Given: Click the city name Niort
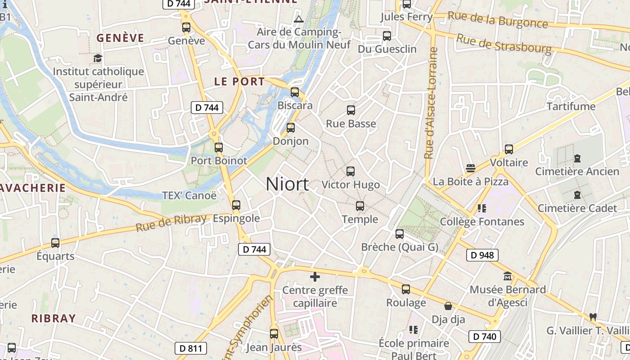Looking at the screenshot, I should (x=287, y=184).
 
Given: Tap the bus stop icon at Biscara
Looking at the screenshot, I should (x=295, y=92).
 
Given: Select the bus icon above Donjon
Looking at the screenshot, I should (x=291, y=128).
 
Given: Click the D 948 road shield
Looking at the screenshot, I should (x=482, y=255).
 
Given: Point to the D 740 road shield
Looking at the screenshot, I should (x=485, y=336).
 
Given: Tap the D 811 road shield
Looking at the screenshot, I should (x=191, y=348).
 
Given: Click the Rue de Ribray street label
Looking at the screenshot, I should (x=171, y=223).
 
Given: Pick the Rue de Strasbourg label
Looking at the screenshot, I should (x=504, y=43).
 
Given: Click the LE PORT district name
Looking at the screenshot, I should (x=239, y=81).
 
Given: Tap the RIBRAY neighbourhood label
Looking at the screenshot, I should (x=54, y=318).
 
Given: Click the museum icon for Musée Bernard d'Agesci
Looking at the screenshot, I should (x=508, y=276).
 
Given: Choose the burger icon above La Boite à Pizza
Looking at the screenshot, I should (x=470, y=168).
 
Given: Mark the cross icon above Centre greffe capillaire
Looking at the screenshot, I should (x=315, y=276).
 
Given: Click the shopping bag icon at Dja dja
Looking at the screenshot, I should (x=448, y=306).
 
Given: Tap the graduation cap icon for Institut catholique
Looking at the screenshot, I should (x=98, y=58).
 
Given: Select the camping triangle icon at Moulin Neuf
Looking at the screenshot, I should (x=298, y=19).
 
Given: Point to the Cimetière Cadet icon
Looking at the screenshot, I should (x=577, y=195).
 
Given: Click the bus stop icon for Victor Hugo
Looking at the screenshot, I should (x=351, y=171).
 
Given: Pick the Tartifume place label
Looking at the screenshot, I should (x=571, y=107).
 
